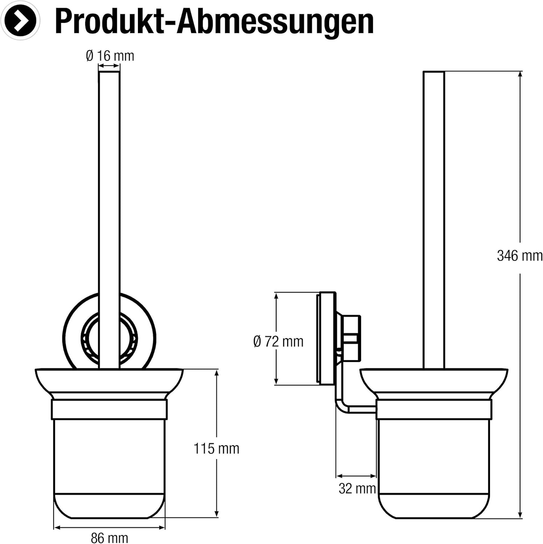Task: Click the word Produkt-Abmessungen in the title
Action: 214,22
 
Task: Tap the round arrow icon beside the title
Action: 20,21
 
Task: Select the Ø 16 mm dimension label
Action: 110,56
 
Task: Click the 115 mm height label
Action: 216,449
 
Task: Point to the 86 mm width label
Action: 109,538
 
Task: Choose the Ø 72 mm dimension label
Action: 278,342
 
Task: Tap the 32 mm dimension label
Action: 357,488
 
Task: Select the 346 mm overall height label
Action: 519,256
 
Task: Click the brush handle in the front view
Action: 109,188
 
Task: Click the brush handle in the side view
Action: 434,188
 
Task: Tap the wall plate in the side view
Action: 327,338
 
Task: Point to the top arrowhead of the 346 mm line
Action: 520,74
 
